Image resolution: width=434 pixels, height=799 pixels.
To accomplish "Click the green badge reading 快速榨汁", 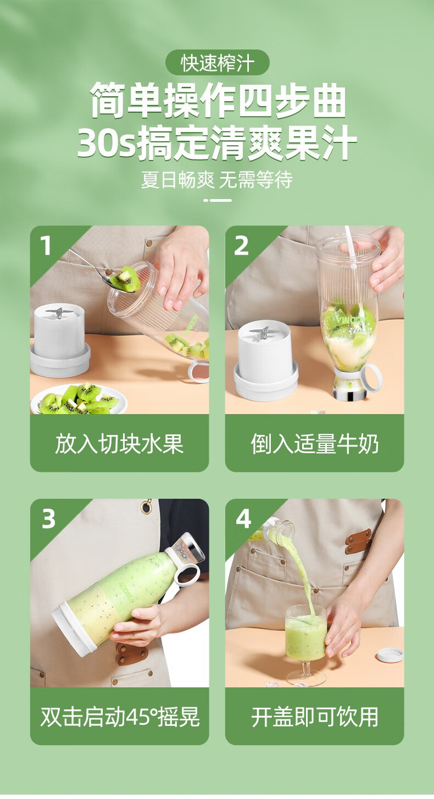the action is coord(217,62).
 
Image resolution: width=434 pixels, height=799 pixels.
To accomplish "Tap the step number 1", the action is coord(45,246).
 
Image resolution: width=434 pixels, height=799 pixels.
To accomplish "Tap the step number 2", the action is coord(241,246).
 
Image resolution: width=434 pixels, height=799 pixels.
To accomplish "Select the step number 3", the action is coord(48,519).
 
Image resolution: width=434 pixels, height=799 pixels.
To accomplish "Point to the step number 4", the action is coord(243,519).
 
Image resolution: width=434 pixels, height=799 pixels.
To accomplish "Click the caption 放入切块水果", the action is coord(119,444).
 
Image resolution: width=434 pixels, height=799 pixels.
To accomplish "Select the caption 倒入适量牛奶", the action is coord(315,444).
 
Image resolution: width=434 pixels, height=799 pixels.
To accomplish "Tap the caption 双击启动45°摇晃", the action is coord(120,717).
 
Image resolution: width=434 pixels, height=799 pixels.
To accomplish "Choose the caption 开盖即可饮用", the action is coord(315,717).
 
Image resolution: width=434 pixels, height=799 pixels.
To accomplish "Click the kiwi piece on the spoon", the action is coord(125,279).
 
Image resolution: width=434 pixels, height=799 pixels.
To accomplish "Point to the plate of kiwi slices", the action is coord(79,399).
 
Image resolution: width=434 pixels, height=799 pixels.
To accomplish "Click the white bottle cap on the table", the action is coord(390,654).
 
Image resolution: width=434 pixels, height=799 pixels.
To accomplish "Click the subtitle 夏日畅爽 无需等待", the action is coord(217,179).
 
